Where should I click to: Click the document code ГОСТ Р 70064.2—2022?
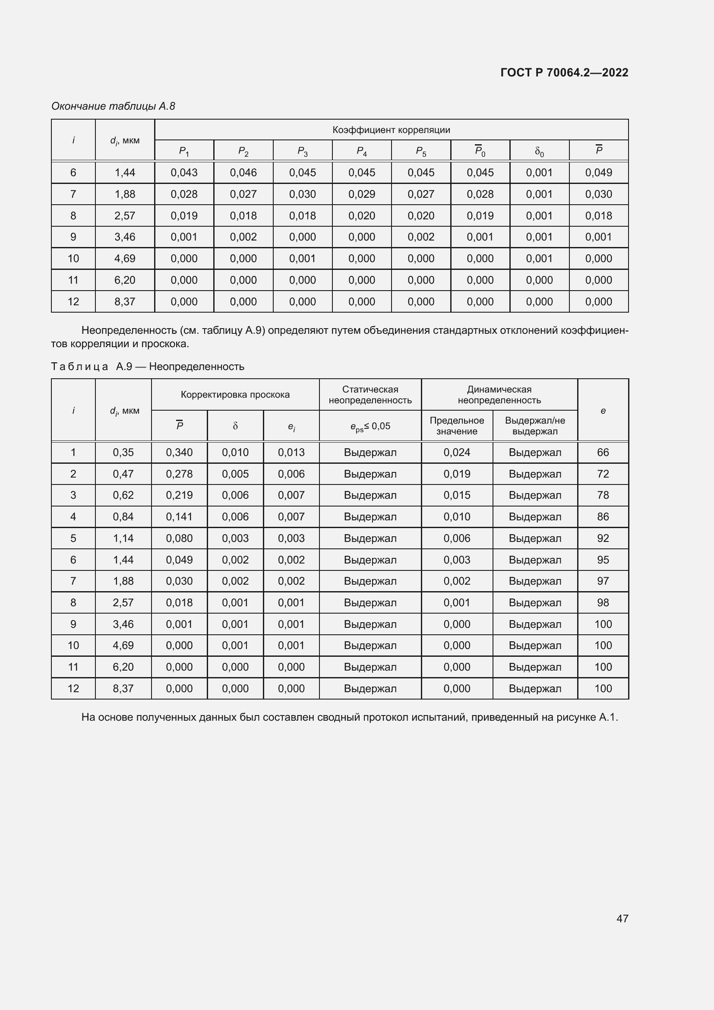click(x=564, y=73)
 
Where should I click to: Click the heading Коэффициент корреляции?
click(x=391, y=130)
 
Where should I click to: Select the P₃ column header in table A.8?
click(x=303, y=151)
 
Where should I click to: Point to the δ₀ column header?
click(x=539, y=151)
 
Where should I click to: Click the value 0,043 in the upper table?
click(x=184, y=172)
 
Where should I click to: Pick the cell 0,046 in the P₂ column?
click(x=243, y=172)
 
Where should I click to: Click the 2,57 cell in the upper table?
click(x=125, y=215)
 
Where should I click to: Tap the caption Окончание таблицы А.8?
click(x=113, y=106)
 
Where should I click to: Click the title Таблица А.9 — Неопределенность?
click(x=148, y=367)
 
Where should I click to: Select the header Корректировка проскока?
click(x=235, y=395)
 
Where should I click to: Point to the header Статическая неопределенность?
click(x=370, y=395)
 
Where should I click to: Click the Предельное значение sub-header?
click(x=457, y=425)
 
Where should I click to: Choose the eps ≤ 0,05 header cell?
click(x=370, y=426)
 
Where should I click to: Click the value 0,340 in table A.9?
click(x=179, y=452)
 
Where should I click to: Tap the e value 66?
click(x=603, y=452)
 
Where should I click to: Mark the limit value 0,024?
click(x=457, y=452)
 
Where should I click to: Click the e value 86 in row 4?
click(x=603, y=516)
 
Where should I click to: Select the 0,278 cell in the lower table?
click(x=179, y=474)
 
